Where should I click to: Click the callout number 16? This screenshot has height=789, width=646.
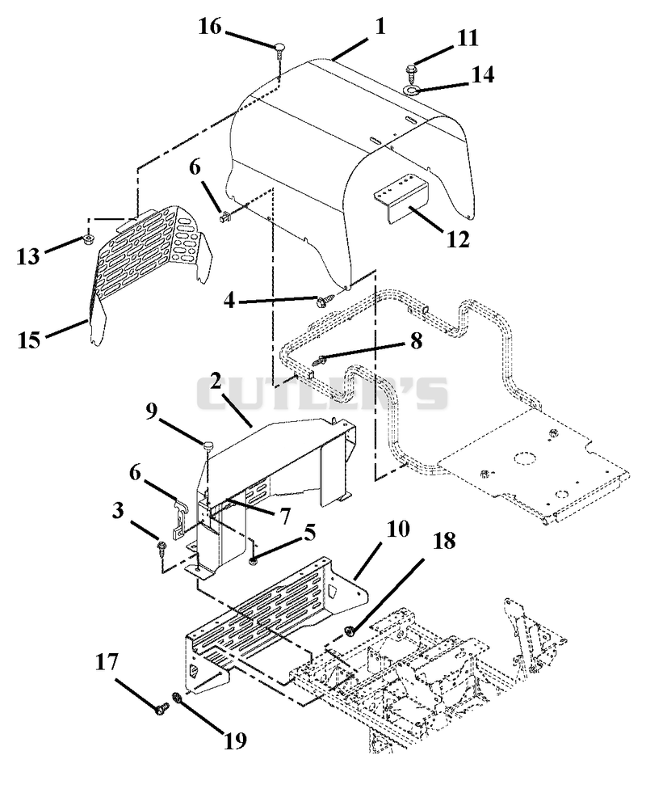click(x=210, y=27)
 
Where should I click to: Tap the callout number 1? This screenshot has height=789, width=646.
click(x=380, y=26)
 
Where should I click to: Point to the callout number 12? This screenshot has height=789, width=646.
click(x=458, y=238)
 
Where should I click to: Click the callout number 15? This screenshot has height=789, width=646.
click(x=28, y=340)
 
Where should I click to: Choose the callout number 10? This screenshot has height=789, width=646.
click(x=399, y=529)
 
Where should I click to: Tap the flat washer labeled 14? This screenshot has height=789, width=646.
click(x=412, y=91)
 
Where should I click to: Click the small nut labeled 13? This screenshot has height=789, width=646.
click(x=90, y=238)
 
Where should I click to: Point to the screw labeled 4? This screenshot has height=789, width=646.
click(x=321, y=302)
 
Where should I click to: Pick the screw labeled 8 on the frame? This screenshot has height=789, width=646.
click(x=319, y=361)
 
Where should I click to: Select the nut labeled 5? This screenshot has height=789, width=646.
click(x=254, y=560)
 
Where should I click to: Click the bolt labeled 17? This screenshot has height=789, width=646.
click(x=161, y=710)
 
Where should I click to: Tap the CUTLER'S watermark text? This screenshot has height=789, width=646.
click(x=321, y=393)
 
